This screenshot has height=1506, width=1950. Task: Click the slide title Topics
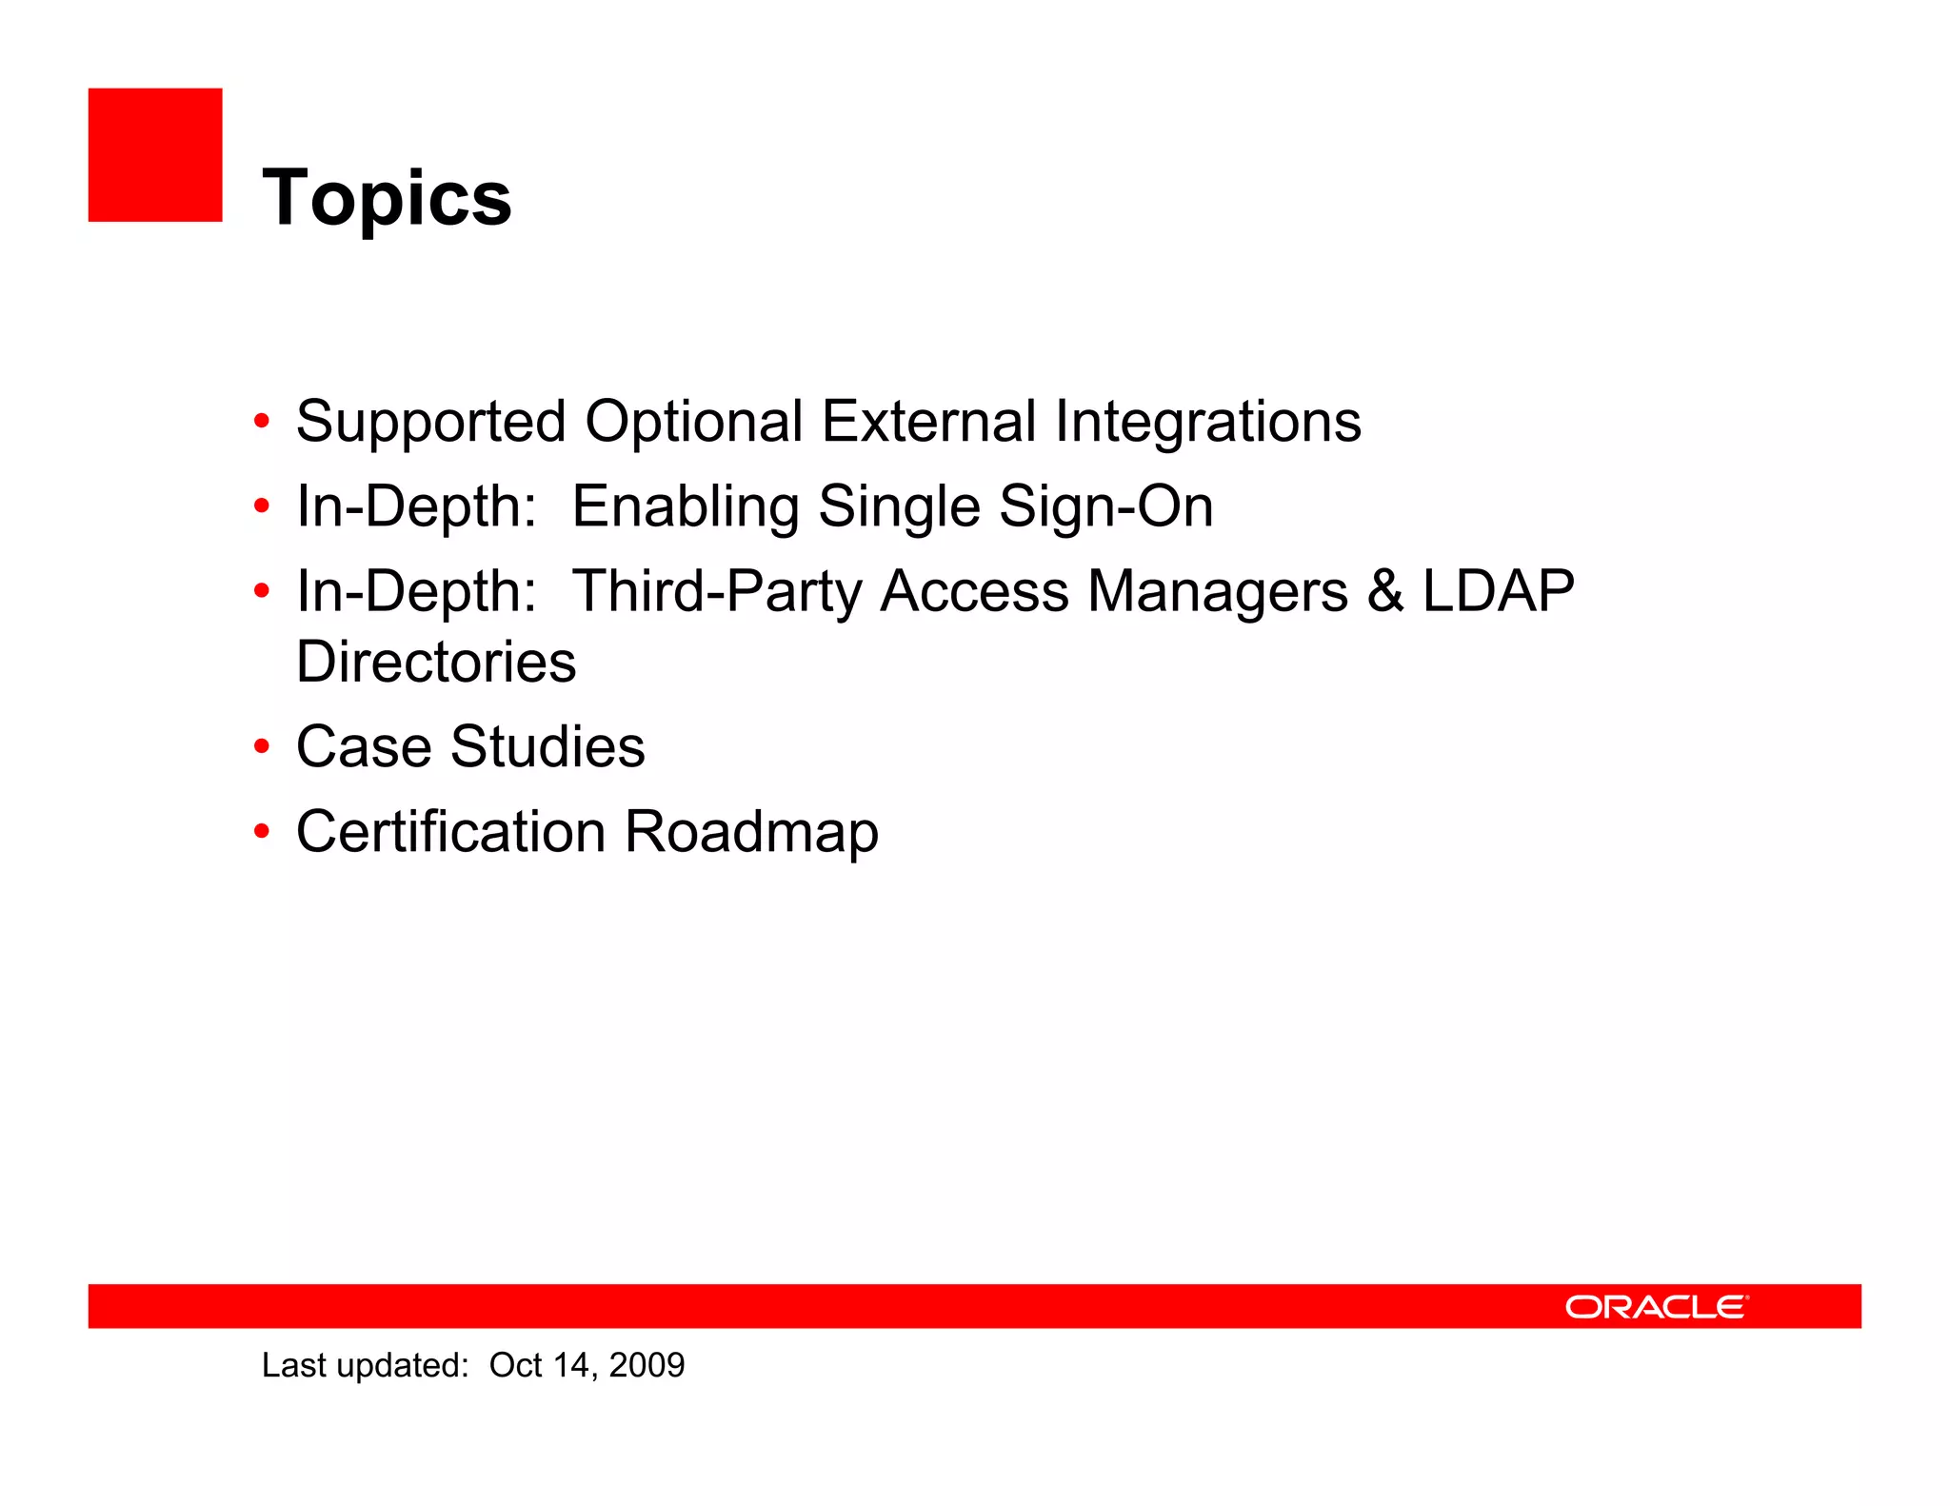tap(387, 197)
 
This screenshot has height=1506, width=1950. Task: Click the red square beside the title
tap(155, 155)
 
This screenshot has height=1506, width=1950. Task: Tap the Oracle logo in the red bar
tap(1656, 1307)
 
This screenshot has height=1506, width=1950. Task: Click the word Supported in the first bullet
tap(430, 422)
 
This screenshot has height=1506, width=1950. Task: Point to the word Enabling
tap(685, 505)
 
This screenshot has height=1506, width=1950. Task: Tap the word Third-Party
tap(716, 591)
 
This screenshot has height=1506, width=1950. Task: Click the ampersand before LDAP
tap(1385, 591)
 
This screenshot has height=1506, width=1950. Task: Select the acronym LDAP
tap(1498, 591)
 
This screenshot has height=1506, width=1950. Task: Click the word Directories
tap(436, 662)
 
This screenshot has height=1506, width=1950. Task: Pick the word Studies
tap(547, 746)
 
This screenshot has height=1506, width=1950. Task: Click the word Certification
tap(450, 831)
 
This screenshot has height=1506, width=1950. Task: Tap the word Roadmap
tap(751, 831)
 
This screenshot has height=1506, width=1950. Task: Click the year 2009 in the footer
tap(647, 1365)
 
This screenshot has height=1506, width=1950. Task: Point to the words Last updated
tap(365, 1365)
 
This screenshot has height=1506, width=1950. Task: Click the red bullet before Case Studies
tap(262, 747)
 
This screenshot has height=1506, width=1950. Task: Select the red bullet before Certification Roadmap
tap(262, 832)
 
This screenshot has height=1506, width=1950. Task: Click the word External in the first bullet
tap(928, 422)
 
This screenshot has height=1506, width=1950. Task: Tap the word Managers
tap(1218, 591)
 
